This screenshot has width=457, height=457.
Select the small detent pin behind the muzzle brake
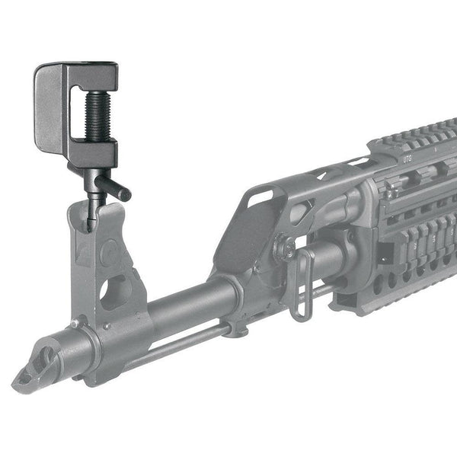point(75,324)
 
